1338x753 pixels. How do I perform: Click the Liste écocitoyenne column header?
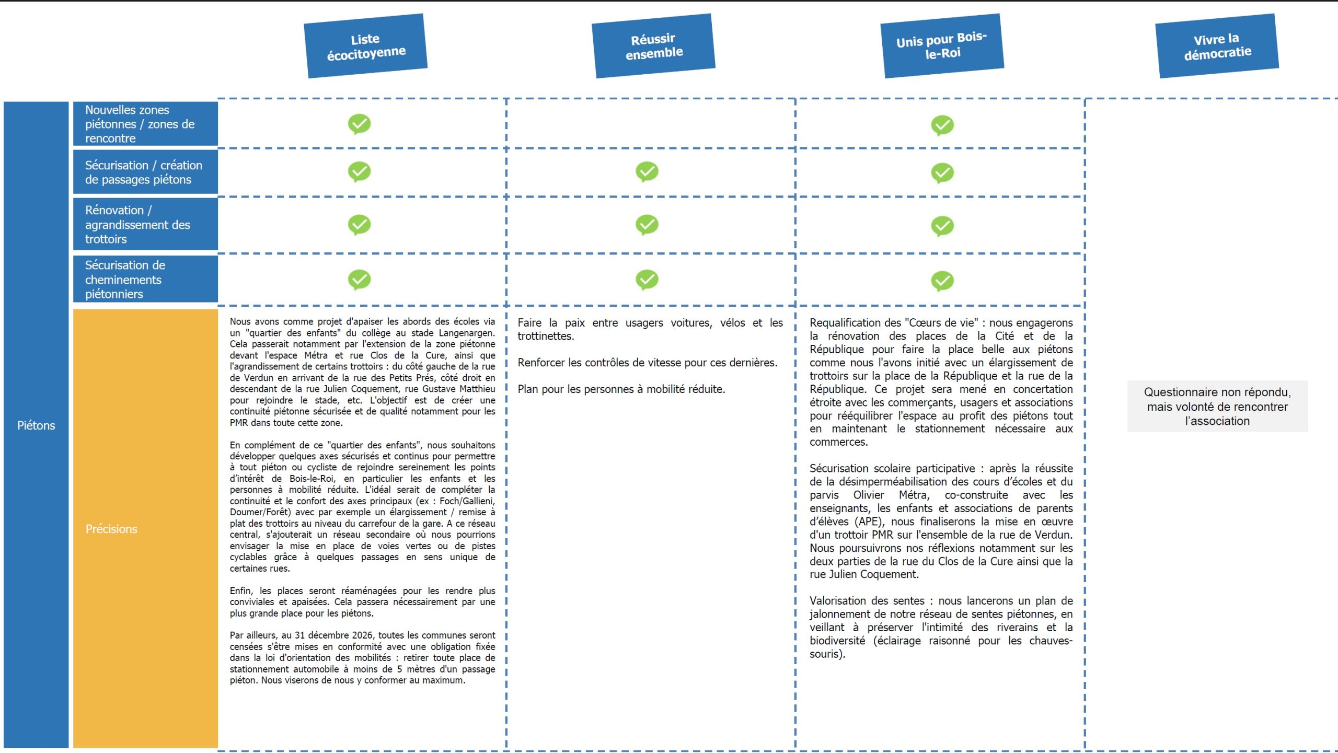tap(366, 46)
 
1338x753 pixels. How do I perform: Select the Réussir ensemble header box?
tap(653, 46)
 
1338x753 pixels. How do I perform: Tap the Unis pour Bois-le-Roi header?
tap(942, 46)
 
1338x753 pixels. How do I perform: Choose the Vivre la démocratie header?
tap(1217, 46)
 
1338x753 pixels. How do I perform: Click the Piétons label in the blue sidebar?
tap(36, 425)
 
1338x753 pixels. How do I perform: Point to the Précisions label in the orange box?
tap(111, 529)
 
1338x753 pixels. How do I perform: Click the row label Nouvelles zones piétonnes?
tap(140, 124)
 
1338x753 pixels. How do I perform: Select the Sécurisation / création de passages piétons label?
tap(143, 172)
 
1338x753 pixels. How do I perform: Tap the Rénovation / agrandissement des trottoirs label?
tap(137, 225)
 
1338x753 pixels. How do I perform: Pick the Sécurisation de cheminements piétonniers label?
tap(125, 280)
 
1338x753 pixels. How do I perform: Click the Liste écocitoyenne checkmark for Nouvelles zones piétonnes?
tap(360, 124)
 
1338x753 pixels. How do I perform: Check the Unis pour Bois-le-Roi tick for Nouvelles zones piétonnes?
tap(942, 125)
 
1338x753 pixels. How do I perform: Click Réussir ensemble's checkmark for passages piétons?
tap(647, 171)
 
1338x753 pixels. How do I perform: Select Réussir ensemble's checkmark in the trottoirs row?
tap(647, 225)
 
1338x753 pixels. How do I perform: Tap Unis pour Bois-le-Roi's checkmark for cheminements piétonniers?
tap(942, 281)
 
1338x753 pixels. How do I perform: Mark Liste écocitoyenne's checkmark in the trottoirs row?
tap(360, 225)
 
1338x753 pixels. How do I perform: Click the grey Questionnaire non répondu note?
tap(1217, 407)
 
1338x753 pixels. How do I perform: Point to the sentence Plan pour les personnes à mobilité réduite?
tap(621, 389)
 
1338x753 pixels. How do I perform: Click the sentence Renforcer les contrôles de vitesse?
tap(647, 363)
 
